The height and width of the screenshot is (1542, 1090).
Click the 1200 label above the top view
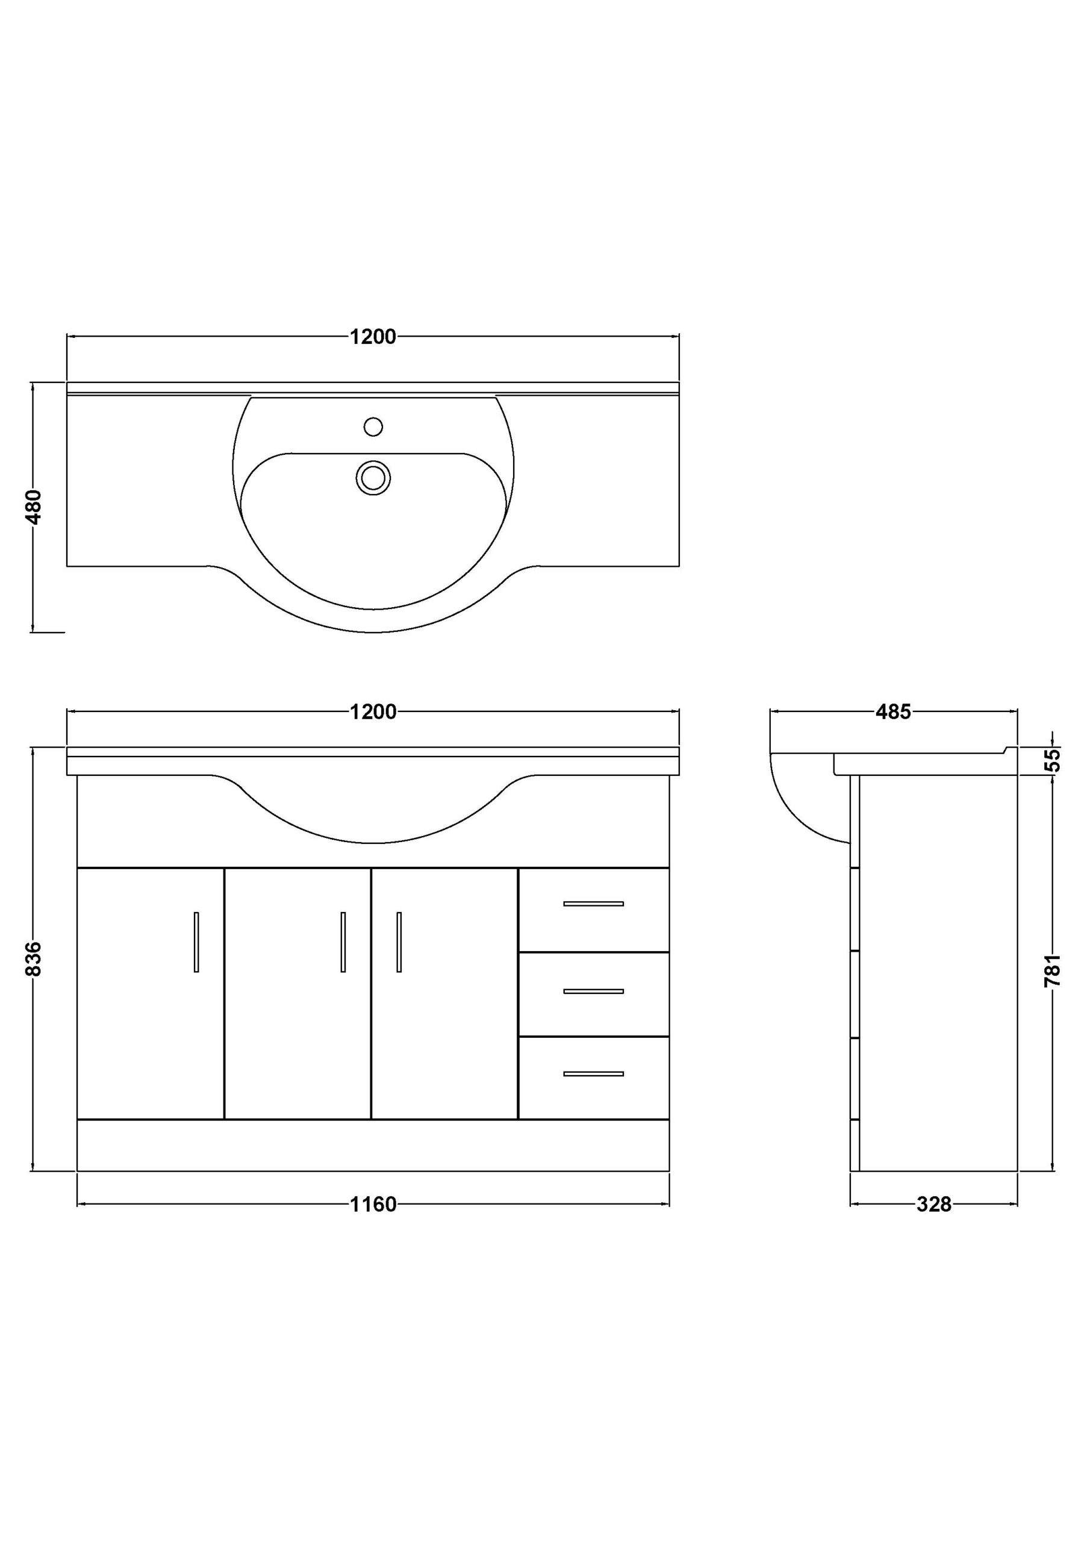[x=373, y=337]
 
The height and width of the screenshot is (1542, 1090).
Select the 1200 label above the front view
[x=373, y=712]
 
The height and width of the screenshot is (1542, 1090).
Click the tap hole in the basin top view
[x=373, y=426]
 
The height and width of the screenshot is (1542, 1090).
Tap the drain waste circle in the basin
[x=373, y=478]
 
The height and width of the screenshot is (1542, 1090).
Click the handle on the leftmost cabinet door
[x=196, y=941]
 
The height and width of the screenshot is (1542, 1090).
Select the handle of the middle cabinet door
[x=343, y=941]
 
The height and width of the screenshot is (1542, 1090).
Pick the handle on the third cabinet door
[x=399, y=941]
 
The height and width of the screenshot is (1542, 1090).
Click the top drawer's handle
[x=594, y=904]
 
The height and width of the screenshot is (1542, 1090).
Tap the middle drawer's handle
[x=594, y=991]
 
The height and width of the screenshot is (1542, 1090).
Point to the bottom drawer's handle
[x=594, y=1074]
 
